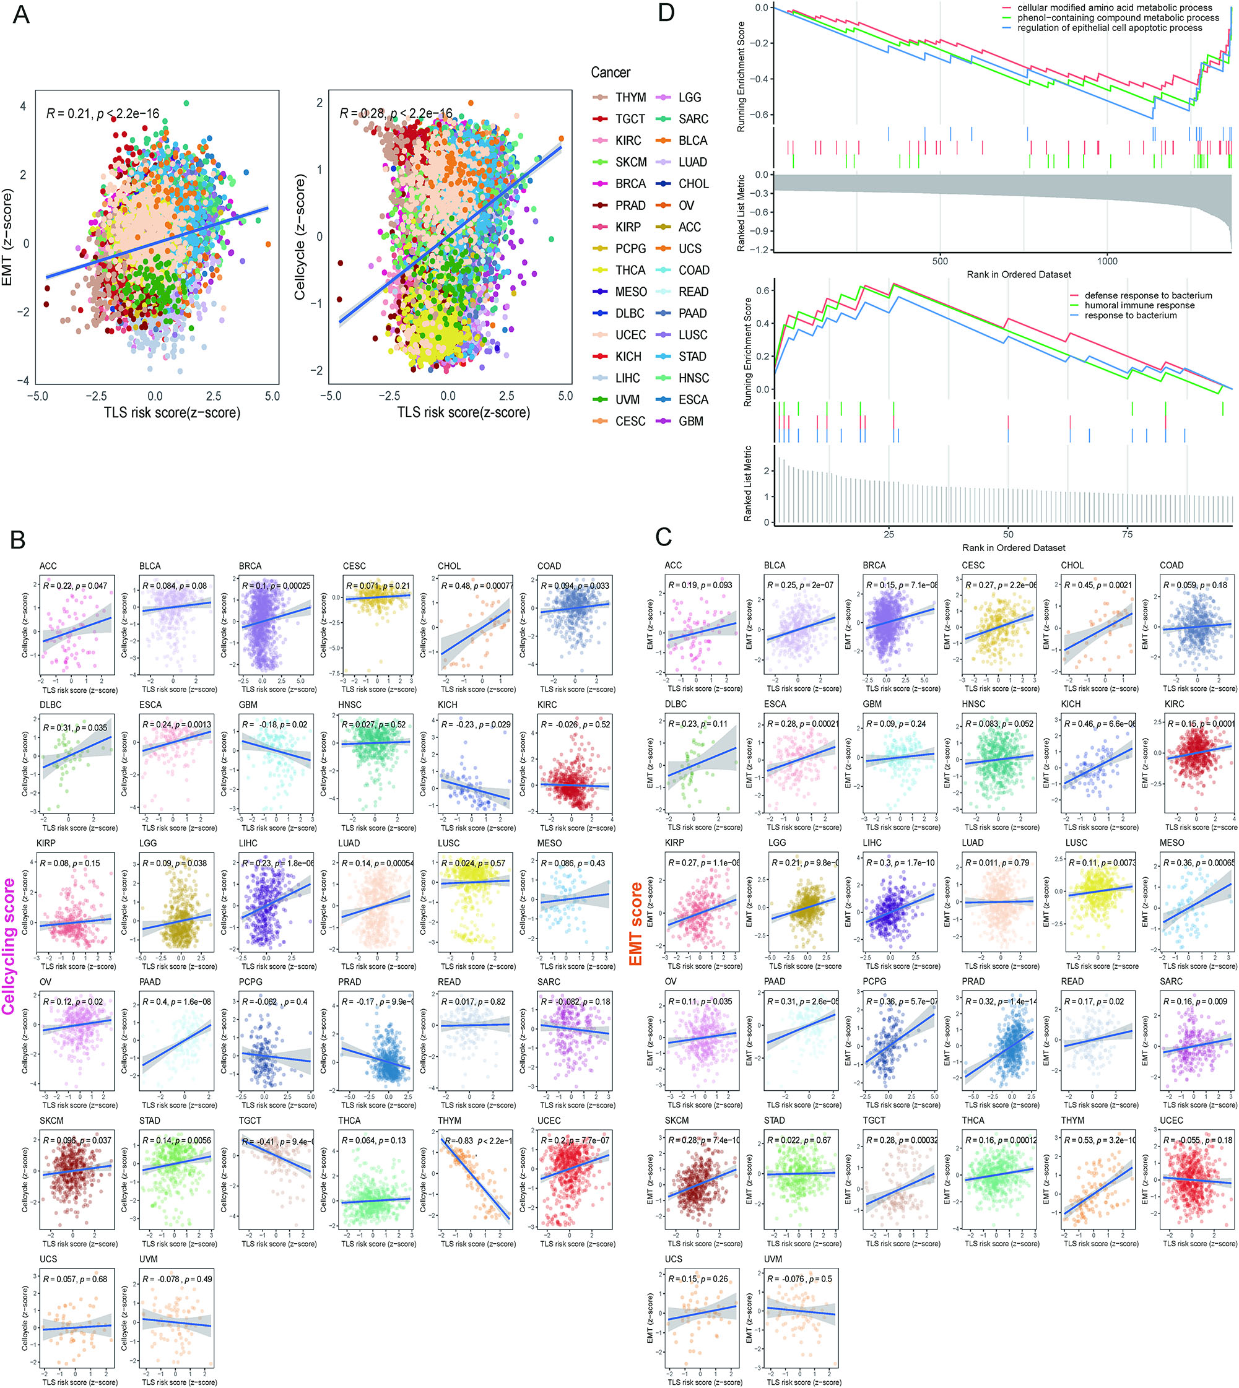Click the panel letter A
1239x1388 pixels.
(21, 14)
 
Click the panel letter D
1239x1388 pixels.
(666, 12)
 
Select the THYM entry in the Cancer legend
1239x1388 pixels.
(630, 97)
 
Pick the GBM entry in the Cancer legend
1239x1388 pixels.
(690, 422)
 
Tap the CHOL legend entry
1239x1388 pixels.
(693, 184)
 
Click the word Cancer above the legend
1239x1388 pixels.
(610, 73)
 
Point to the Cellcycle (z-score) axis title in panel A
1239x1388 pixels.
(300, 237)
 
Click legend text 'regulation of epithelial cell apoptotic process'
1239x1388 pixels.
(1109, 28)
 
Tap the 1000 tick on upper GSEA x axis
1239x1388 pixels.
(1107, 261)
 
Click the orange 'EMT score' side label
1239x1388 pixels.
(636, 924)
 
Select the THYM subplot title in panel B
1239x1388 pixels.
(450, 1121)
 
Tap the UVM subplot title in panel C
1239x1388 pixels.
(773, 1259)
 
